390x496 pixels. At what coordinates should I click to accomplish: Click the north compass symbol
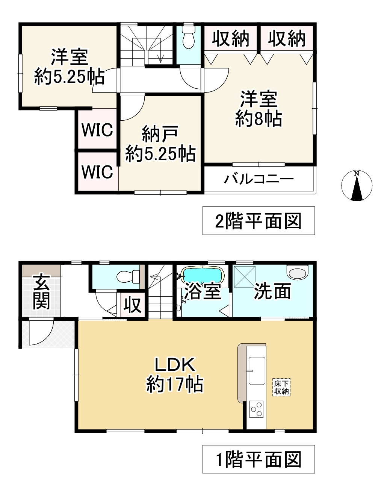357,186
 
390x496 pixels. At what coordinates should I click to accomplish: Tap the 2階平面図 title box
258,221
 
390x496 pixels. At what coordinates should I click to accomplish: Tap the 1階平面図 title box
258,459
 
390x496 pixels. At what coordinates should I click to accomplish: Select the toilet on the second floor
188,38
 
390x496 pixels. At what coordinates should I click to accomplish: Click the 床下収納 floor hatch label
281,388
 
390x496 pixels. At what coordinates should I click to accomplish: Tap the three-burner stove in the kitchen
257,409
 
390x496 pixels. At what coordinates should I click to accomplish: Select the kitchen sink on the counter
257,370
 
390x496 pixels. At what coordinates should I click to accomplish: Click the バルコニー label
259,179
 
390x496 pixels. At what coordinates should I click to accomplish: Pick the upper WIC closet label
97,130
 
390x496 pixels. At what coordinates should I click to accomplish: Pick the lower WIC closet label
97,172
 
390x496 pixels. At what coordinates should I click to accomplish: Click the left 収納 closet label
230,38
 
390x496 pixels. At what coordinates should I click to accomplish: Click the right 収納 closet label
286,38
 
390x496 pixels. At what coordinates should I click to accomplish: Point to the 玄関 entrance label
41,292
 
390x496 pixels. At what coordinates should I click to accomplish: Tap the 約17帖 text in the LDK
175,384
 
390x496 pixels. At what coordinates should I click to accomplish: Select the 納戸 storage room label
160,134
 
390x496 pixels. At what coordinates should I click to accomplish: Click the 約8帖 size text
258,119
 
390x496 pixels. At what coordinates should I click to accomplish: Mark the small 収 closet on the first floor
132,305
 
